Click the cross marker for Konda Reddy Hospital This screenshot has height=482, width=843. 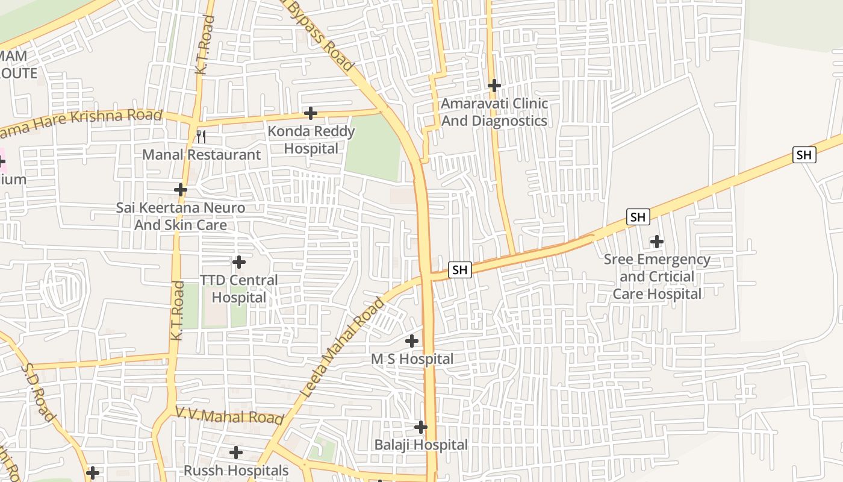311,113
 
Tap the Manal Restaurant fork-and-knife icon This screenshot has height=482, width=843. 201,137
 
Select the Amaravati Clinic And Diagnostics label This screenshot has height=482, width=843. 494,112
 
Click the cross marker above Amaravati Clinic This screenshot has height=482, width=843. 494,86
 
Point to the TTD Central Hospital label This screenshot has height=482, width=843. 239,289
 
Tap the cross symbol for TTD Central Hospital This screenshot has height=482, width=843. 239,262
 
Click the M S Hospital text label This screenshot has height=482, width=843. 412,359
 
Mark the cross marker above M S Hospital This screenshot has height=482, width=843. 412,341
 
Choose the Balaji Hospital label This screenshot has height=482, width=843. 421,445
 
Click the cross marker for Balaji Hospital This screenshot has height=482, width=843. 421,427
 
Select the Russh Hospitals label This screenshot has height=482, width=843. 236,471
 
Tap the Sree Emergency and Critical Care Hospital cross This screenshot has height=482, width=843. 657,242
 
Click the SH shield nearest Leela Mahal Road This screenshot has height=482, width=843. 460,270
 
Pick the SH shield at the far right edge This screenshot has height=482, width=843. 804,155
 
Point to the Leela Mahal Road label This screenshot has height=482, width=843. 342,348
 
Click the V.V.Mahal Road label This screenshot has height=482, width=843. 229,416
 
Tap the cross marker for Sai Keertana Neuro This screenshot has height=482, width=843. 181,190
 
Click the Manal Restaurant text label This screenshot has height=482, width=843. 201,155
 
